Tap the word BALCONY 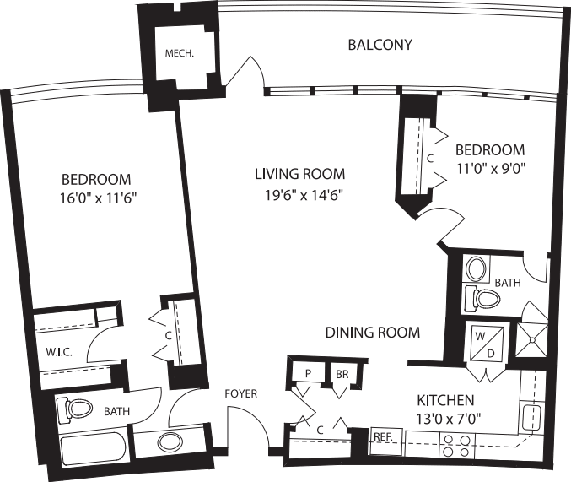tap(380, 44)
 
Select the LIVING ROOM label tap(299, 175)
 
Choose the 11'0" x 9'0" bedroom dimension tap(490, 167)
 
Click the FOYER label tap(240, 394)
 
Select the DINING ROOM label tap(372, 333)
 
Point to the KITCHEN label tap(445, 400)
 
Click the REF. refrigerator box tap(384, 437)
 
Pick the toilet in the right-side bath tap(484, 297)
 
